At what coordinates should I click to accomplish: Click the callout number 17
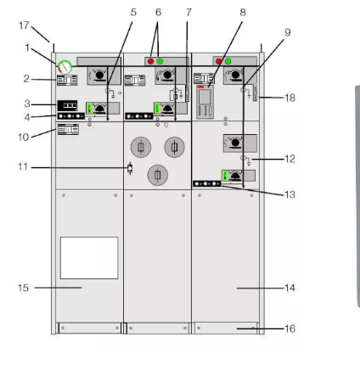[x=24, y=25]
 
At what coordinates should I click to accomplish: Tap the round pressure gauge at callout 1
[x=65, y=67]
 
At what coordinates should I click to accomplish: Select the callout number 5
[x=133, y=13]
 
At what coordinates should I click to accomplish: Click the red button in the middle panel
[x=150, y=61]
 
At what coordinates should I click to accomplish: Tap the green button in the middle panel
[x=160, y=61]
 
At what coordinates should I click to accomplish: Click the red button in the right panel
[x=218, y=61]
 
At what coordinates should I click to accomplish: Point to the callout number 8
[x=243, y=13]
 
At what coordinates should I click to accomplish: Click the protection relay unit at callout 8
[x=205, y=102]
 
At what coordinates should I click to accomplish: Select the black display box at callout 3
[x=67, y=105]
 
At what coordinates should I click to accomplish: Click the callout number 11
[x=23, y=167]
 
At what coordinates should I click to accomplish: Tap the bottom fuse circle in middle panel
[x=158, y=175]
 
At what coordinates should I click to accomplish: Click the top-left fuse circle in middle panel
[x=141, y=147]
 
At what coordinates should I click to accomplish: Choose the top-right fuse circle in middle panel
[x=174, y=147]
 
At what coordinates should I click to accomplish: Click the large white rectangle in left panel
[x=89, y=258]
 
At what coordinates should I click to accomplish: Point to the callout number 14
[x=290, y=288]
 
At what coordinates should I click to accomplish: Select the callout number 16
[x=290, y=328]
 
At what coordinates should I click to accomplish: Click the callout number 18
[x=290, y=98]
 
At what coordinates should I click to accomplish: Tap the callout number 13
[x=290, y=194]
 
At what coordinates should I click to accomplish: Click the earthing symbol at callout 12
[x=246, y=160]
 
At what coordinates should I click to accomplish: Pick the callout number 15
[x=23, y=288]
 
